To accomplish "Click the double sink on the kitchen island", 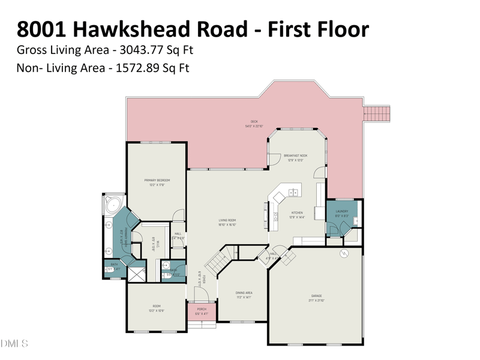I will point(293,193).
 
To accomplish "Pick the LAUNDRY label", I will point(342,211).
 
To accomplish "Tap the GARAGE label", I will point(316,296).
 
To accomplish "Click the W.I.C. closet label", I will point(154,244).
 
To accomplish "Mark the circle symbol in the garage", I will point(344,254).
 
